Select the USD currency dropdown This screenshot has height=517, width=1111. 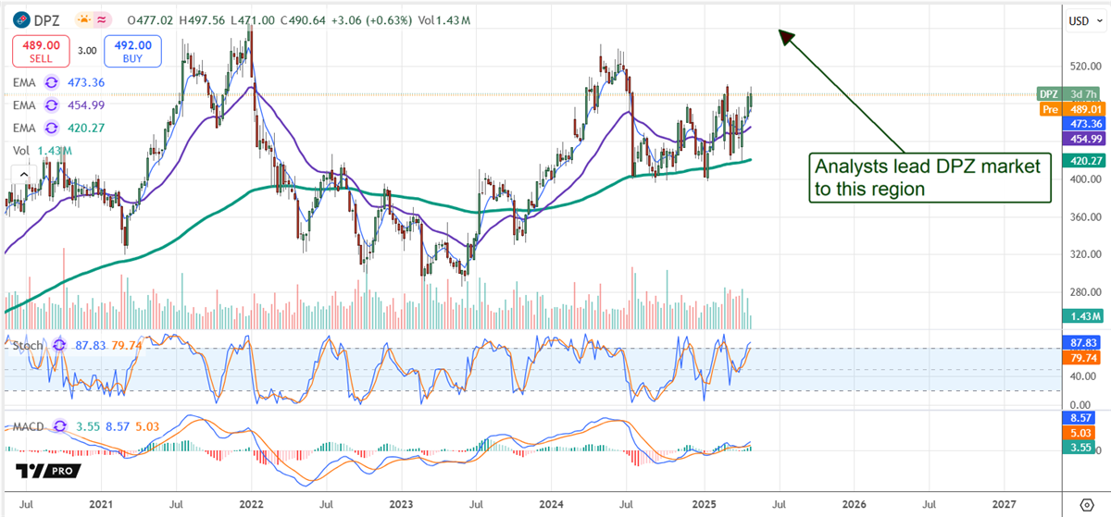1080,19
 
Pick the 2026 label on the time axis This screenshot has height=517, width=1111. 854,505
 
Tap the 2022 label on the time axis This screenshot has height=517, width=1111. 251,505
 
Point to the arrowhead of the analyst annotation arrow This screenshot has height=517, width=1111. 783,35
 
